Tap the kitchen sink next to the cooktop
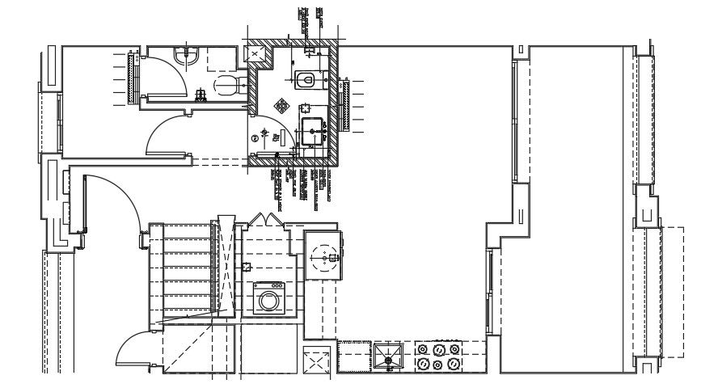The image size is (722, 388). coord(389,356)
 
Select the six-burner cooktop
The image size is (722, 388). coord(438,356)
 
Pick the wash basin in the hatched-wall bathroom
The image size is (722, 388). coord(313,129)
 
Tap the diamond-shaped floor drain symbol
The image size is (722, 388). coord(282,105)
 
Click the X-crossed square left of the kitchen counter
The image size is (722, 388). coord(318,360)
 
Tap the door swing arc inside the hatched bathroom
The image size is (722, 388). coord(267,137)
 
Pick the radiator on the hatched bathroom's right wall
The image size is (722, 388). coord(346,103)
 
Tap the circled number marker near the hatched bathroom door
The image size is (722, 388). coord(255,138)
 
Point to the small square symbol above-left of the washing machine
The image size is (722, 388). coord(245,266)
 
